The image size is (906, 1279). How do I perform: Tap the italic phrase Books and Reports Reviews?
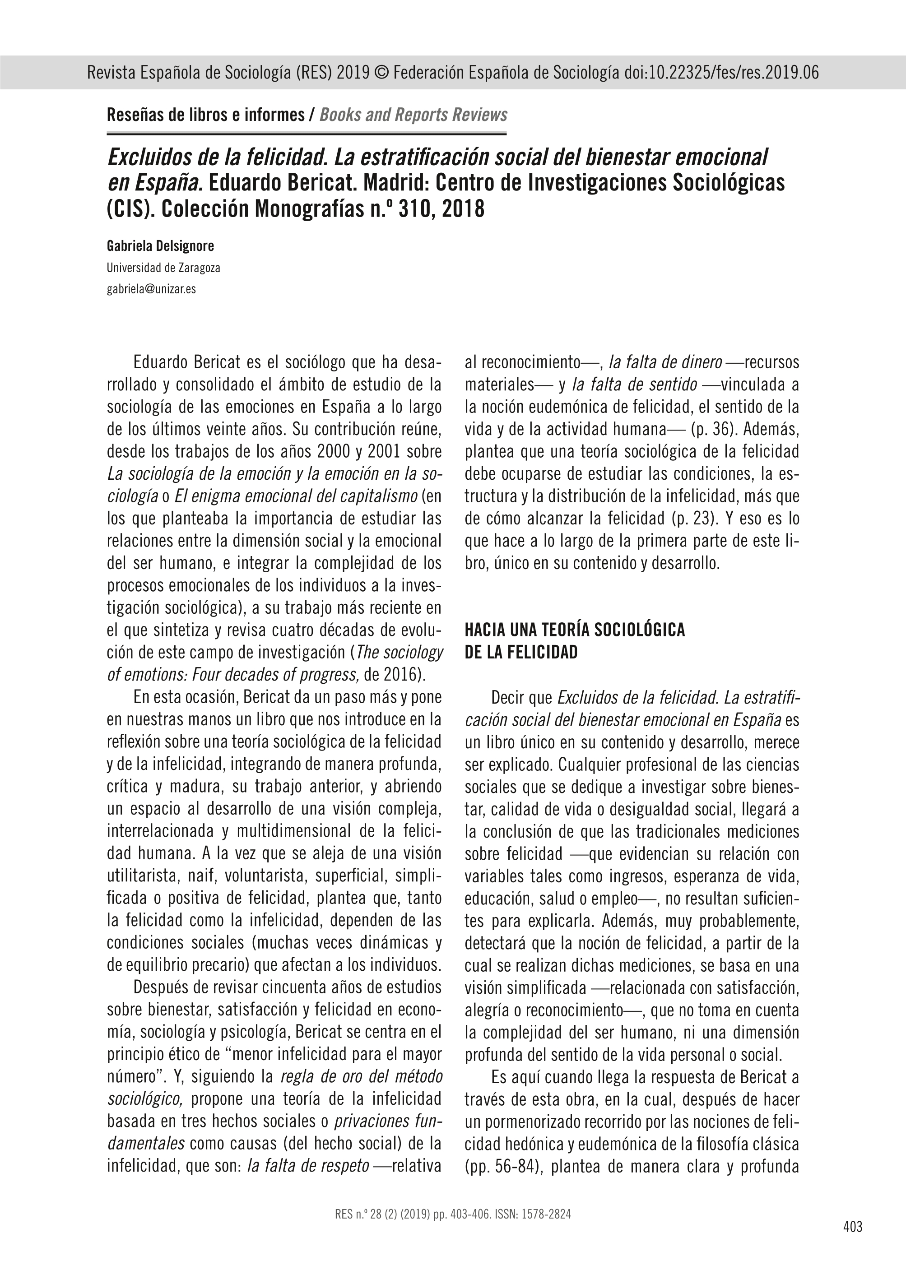[413, 115]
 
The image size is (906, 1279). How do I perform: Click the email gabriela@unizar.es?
[151, 289]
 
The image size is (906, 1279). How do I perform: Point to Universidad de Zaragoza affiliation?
[163, 268]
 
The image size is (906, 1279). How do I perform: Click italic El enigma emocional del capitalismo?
[296, 496]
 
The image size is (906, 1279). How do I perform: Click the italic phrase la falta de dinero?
[665, 362]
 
